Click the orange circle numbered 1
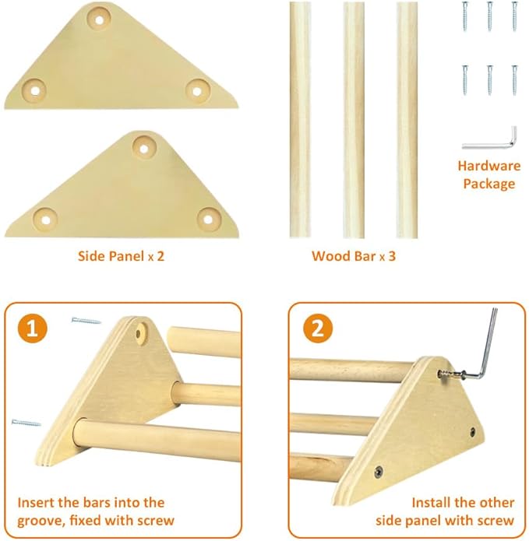(x=30, y=328)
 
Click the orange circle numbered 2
(x=317, y=328)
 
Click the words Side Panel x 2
(x=121, y=255)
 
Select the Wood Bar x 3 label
(x=353, y=255)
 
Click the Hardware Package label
(x=488, y=174)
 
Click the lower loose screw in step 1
(x=26, y=423)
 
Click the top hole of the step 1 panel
(x=140, y=334)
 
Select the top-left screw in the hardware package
(x=466, y=15)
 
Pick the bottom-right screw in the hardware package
(x=513, y=79)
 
